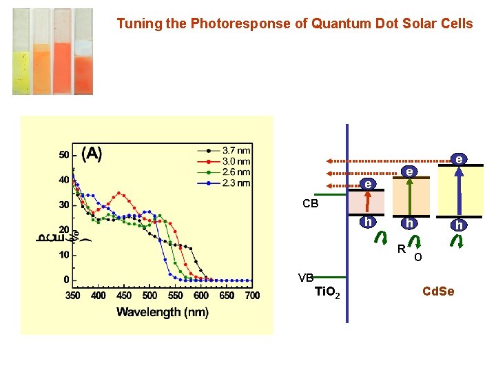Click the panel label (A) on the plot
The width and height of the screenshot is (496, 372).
click(x=92, y=154)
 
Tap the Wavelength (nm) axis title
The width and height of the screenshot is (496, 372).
click(x=163, y=312)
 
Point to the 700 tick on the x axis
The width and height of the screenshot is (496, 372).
click(x=252, y=295)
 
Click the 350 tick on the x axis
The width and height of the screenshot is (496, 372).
click(x=72, y=295)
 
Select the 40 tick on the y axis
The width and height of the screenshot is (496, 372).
click(x=63, y=180)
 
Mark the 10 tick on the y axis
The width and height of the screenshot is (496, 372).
click(x=63, y=255)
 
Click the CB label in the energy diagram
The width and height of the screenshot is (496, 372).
click(x=311, y=204)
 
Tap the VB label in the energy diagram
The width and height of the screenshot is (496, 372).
click(x=306, y=278)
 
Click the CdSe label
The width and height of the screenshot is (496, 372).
click(x=438, y=291)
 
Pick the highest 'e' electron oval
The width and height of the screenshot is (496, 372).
click(x=457, y=159)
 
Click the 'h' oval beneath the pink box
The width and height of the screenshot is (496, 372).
click(x=369, y=222)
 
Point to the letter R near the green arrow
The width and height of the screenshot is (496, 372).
click(x=400, y=248)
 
